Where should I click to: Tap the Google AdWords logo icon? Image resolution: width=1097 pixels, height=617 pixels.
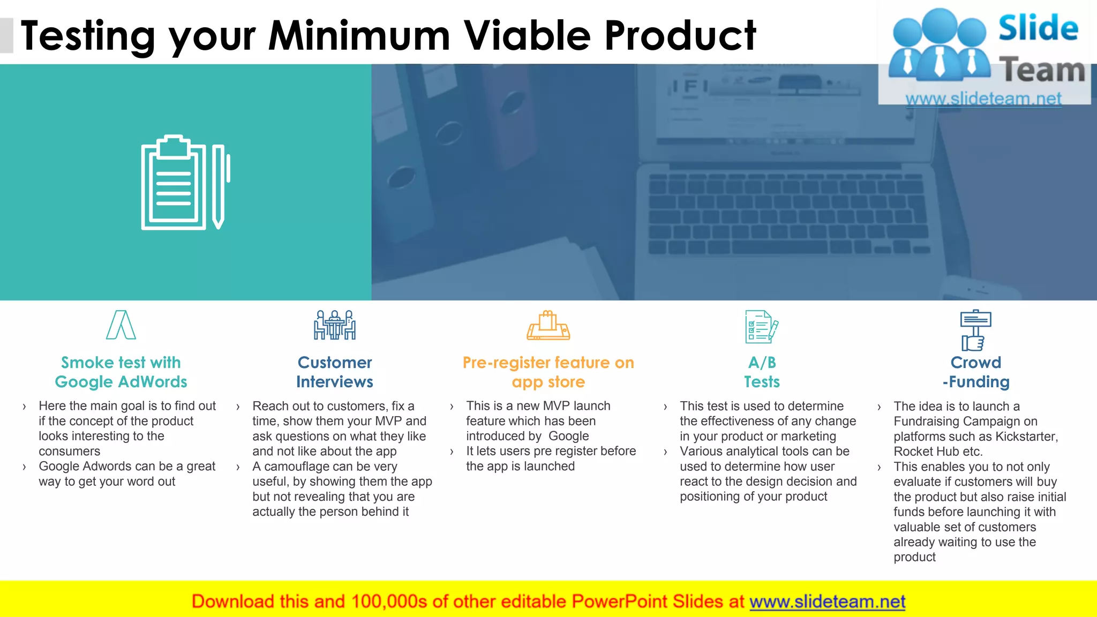[x=121, y=325]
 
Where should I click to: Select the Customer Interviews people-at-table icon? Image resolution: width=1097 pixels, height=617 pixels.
[x=335, y=325]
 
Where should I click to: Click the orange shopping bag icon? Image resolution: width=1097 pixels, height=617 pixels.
[x=548, y=325]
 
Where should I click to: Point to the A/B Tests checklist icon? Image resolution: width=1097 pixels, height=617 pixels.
[x=761, y=326]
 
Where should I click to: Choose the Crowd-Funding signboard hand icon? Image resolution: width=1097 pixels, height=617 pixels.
[x=975, y=330]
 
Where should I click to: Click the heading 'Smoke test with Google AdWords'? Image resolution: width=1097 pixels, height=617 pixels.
[x=121, y=372]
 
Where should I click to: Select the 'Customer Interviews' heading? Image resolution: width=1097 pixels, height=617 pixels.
[x=335, y=372]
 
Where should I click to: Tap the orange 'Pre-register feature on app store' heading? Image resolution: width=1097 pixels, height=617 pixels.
[x=548, y=372]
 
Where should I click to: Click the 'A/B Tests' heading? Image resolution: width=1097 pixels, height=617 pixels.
[x=762, y=372]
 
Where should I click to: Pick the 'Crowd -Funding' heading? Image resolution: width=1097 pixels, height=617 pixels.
[x=976, y=372]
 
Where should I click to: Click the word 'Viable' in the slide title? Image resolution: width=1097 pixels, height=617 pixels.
[x=527, y=36]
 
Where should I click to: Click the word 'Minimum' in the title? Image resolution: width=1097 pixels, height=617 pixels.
[x=359, y=36]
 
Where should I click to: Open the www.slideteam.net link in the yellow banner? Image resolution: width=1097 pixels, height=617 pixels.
[x=827, y=601]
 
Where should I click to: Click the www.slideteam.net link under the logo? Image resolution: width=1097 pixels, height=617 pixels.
[x=983, y=99]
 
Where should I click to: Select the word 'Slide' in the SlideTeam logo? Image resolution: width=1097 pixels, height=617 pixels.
[x=1038, y=28]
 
